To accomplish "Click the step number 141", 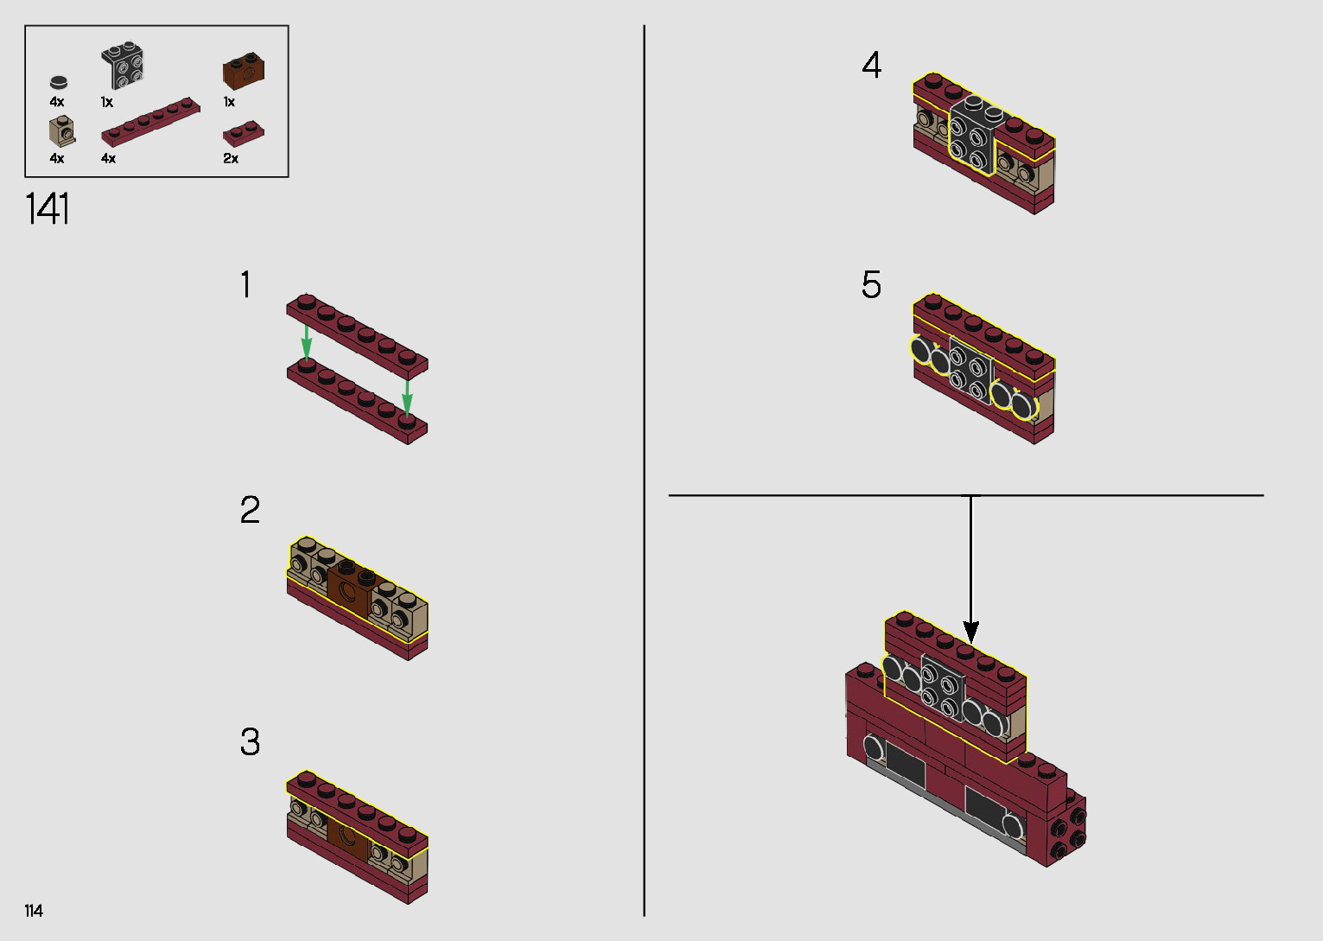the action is pos(48,210).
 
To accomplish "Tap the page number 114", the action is pos(34,911).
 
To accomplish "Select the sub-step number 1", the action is pos(246,285).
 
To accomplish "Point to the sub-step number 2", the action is pos(250,511).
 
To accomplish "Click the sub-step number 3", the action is pos(250,742).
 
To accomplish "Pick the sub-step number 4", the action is pos(871,66).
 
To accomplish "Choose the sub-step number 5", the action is pos(871,285).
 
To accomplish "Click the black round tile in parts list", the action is pos(58,83).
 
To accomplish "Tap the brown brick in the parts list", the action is pos(243,72).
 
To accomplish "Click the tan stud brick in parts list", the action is pos(61,132).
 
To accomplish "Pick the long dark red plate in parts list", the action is pos(150,122).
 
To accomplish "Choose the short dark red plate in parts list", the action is pos(243,133).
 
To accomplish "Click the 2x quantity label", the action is pos(231,159).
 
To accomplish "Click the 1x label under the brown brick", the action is pos(229,102).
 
